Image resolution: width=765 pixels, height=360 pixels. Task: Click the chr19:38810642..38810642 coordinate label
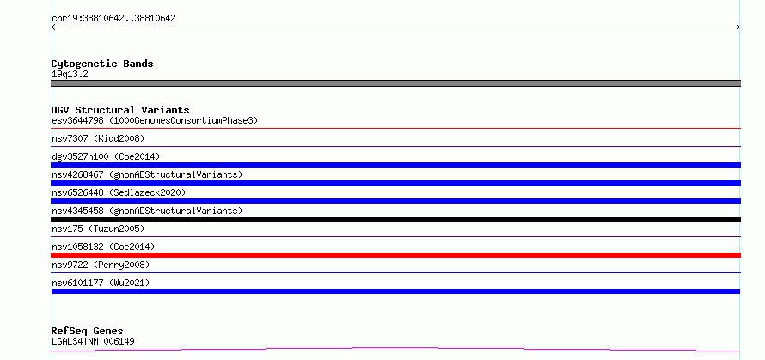[x=113, y=19]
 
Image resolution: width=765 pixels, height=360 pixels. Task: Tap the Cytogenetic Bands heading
[x=102, y=64]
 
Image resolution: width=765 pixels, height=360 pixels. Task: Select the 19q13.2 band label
[x=70, y=75]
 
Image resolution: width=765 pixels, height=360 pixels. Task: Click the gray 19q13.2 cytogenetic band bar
[x=395, y=83]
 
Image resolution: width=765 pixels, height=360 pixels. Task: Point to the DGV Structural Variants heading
[x=120, y=110]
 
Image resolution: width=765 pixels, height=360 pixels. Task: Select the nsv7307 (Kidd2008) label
[x=98, y=138]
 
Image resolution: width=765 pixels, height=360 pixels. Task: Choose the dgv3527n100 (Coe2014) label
[x=106, y=156]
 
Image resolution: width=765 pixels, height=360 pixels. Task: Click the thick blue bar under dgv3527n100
[x=395, y=165]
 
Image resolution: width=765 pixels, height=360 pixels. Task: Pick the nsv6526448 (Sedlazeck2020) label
[x=119, y=192]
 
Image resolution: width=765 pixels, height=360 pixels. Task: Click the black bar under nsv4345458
[x=395, y=219]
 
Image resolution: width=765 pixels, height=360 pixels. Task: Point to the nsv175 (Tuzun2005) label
[x=98, y=229]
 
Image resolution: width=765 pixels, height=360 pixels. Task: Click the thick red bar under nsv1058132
[x=395, y=255]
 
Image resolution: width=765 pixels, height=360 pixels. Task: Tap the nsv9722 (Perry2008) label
[x=101, y=265]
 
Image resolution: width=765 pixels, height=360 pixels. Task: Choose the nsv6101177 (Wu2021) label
[x=101, y=283]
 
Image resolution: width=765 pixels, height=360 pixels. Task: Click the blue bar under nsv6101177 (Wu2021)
[x=395, y=291]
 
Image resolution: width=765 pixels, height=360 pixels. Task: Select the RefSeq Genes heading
[x=88, y=332]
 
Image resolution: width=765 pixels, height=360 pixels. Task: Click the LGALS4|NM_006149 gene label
[x=93, y=341]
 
